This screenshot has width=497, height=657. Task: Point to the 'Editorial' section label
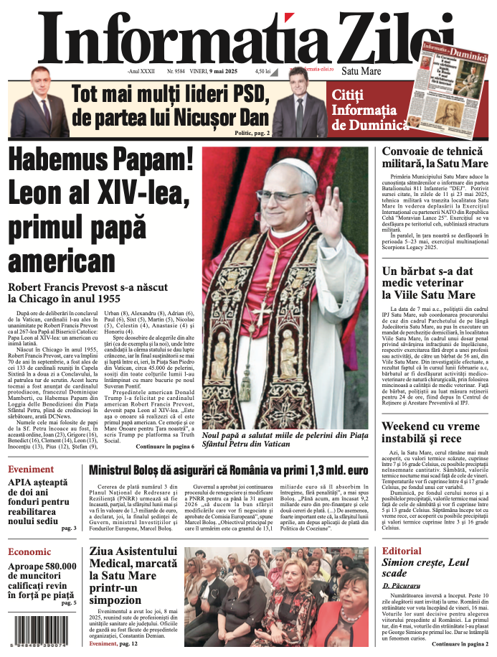(402, 551)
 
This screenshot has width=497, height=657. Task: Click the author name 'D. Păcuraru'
(405, 586)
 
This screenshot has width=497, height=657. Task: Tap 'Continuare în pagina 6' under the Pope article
(165, 447)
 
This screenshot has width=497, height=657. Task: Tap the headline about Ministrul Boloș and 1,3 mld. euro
(229, 471)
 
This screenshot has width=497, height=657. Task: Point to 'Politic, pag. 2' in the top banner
(252, 133)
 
